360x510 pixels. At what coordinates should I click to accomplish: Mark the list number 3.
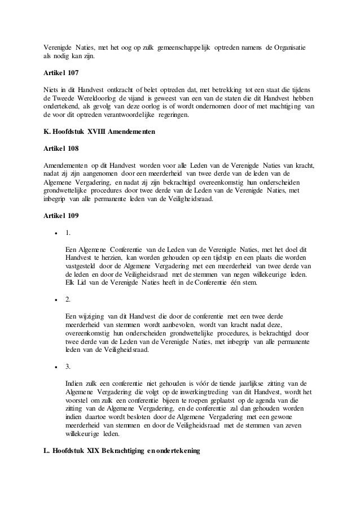68,367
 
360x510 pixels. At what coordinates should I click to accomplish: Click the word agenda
271,399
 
